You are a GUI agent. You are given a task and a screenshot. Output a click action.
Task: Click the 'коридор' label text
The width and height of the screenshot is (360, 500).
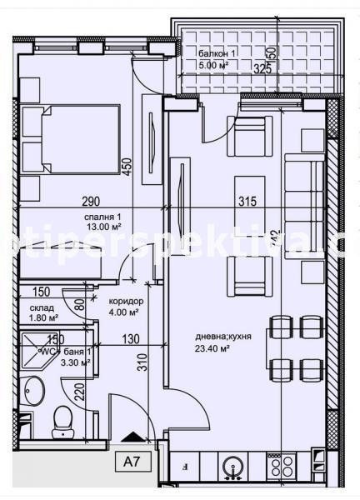(x=127, y=302)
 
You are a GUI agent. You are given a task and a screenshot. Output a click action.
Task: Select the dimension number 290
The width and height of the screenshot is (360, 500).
(x=92, y=201)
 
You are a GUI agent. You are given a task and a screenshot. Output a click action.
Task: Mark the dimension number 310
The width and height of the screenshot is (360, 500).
(x=143, y=362)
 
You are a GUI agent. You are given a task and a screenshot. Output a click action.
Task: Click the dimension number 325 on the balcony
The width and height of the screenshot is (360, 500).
(x=262, y=69)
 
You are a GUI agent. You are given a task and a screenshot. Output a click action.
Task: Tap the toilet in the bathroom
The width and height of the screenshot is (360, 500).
(x=62, y=422)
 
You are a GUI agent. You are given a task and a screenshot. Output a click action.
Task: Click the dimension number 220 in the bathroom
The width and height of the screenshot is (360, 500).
(x=76, y=391)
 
